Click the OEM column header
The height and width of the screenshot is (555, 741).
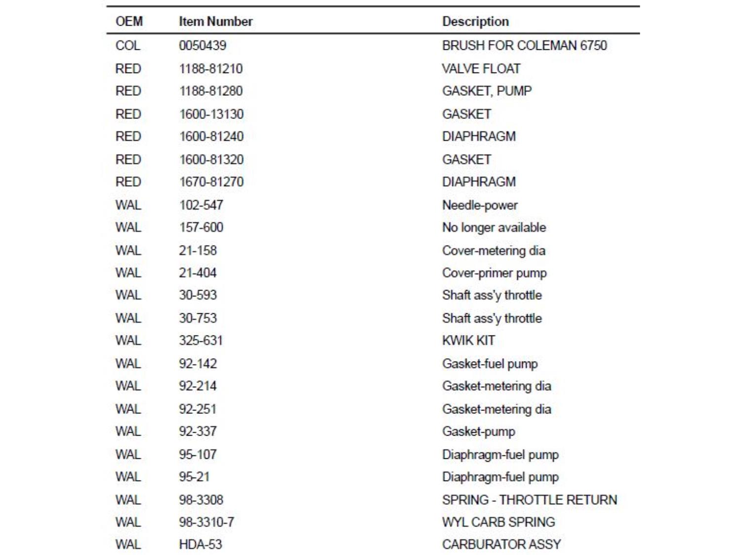(x=129, y=22)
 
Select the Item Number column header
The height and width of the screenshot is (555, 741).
(x=215, y=22)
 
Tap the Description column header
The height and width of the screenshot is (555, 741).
(x=475, y=22)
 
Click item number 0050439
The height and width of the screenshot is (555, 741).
(x=203, y=45)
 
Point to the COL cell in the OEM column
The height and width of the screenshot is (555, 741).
(x=128, y=45)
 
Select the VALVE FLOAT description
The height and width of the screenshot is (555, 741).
(x=481, y=69)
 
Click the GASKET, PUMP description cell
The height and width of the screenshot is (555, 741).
(x=487, y=91)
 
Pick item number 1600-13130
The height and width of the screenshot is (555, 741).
(x=211, y=114)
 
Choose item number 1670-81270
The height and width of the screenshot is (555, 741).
(x=211, y=182)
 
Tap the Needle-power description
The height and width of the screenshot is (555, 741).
(x=480, y=205)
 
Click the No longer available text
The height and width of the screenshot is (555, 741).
(x=494, y=227)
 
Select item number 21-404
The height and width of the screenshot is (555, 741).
(x=198, y=273)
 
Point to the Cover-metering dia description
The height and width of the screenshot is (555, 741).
(x=494, y=251)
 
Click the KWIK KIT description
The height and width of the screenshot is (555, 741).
(x=468, y=340)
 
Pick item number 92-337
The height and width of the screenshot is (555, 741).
(x=198, y=432)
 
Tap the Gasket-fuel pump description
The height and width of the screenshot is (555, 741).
(x=490, y=364)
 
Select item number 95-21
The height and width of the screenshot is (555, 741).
(x=194, y=477)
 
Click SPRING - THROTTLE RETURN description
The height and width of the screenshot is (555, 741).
(x=530, y=500)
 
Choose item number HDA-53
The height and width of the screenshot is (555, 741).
(x=201, y=545)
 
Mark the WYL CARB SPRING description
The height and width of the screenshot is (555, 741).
(x=498, y=522)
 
